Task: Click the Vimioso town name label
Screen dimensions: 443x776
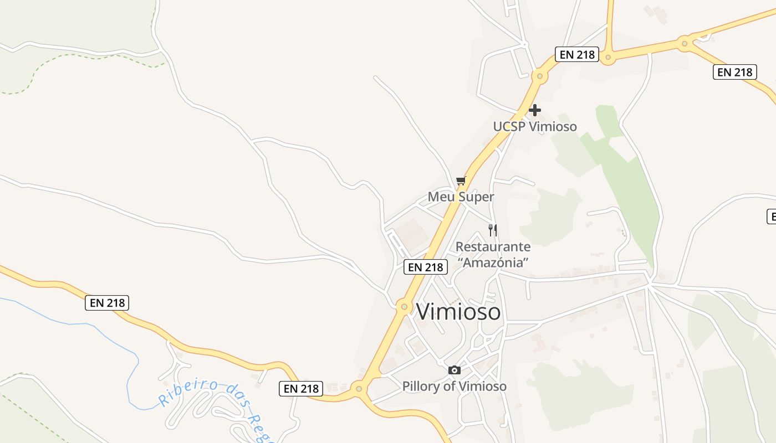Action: pyautogui.click(x=458, y=312)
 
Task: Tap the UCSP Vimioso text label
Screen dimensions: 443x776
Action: pyautogui.click(x=535, y=127)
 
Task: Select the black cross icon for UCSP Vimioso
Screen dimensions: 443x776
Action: pyautogui.click(x=534, y=110)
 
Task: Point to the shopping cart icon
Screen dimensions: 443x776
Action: pyautogui.click(x=461, y=181)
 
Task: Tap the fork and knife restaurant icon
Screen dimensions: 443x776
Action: pyautogui.click(x=492, y=230)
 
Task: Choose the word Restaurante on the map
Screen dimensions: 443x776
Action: pyautogui.click(x=493, y=247)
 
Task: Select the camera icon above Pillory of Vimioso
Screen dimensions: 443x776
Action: pyautogui.click(x=455, y=370)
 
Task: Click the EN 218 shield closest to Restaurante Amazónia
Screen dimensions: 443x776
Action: pyautogui.click(x=425, y=267)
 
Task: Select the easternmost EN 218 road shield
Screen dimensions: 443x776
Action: pyautogui.click(x=735, y=72)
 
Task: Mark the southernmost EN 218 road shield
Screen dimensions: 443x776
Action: pyautogui.click(x=302, y=389)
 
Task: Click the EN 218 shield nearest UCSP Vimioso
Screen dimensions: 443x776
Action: pyautogui.click(x=577, y=54)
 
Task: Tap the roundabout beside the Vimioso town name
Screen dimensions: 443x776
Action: pyautogui.click(x=403, y=306)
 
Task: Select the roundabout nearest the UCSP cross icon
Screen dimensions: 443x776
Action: pyautogui.click(x=539, y=76)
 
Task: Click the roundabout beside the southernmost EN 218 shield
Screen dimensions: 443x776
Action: pyautogui.click(x=359, y=389)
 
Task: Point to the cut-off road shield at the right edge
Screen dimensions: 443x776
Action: pyautogui.click(x=771, y=217)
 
